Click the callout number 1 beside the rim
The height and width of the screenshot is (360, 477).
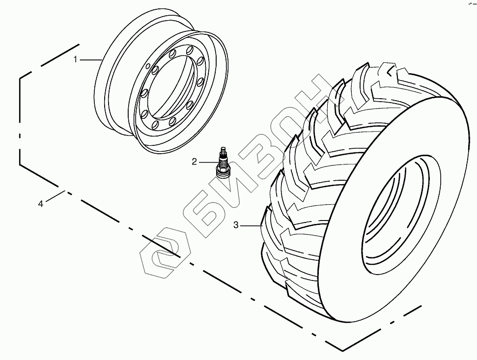click(x=76, y=59)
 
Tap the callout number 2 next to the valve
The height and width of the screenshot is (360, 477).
click(x=195, y=161)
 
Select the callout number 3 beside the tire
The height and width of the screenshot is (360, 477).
click(x=236, y=225)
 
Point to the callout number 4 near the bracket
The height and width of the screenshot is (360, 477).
click(x=41, y=203)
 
